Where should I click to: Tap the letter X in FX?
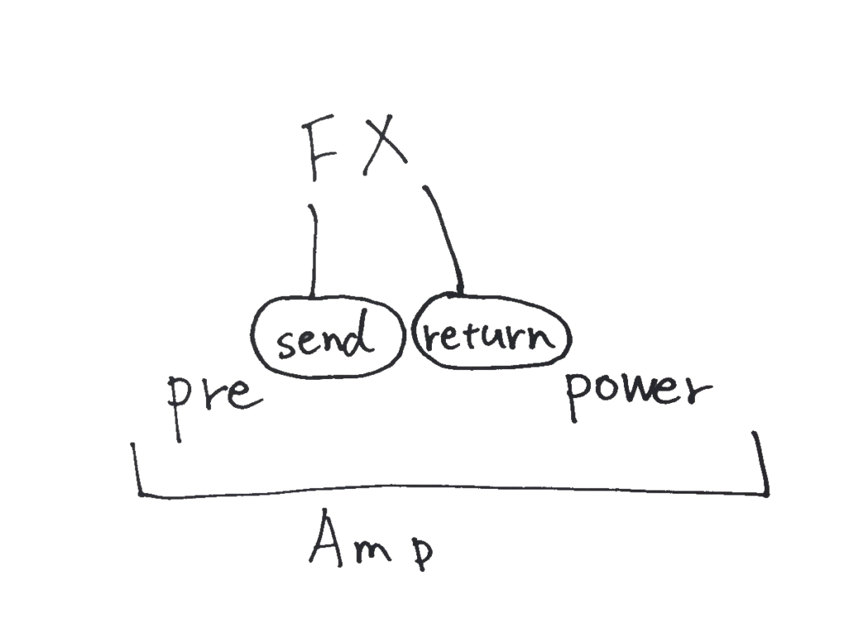[x=383, y=148]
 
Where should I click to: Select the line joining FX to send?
[x=312, y=251]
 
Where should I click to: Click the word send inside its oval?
[x=320, y=339]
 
